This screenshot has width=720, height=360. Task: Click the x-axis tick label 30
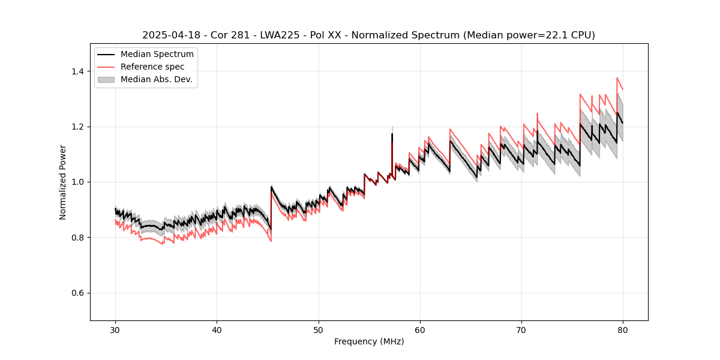click(x=115, y=330)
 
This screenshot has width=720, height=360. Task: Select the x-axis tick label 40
click(x=217, y=330)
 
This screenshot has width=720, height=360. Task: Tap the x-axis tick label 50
click(x=319, y=330)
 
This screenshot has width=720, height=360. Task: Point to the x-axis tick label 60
click(x=420, y=330)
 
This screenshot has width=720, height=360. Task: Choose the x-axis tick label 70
click(x=521, y=330)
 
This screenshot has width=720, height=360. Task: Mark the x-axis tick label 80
click(x=623, y=330)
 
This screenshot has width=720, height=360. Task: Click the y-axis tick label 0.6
click(x=78, y=293)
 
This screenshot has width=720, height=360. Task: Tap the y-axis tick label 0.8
click(x=78, y=238)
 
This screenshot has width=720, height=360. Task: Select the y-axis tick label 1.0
click(x=78, y=182)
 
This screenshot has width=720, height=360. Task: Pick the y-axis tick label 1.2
click(x=78, y=127)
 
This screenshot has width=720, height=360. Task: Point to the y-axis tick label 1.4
click(x=78, y=71)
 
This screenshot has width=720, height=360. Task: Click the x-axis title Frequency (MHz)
click(x=369, y=341)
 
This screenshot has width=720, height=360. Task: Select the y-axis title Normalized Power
click(x=63, y=182)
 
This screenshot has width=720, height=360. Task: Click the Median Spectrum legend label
click(x=157, y=55)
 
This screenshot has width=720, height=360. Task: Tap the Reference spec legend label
click(x=152, y=67)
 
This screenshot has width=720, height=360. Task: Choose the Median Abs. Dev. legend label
click(x=156, y=79)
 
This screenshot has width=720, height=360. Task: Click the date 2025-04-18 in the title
click(x=169, y=35)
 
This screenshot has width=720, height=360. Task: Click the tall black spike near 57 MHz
click(x=392, y=134)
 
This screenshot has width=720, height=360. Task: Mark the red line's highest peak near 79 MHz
click(x=617, y=78)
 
